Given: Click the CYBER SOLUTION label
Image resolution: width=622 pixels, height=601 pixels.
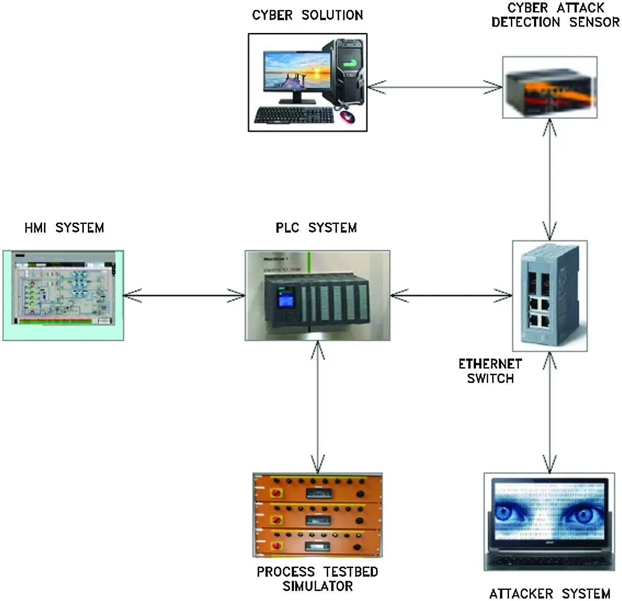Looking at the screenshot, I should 307,15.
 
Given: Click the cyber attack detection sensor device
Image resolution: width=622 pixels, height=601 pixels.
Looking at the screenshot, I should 550,88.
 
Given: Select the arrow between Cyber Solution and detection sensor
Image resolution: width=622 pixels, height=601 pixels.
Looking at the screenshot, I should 435,87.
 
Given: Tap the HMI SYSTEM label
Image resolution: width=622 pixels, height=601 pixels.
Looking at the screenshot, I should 64,228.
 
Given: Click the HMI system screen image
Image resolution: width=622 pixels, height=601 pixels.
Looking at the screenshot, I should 63,295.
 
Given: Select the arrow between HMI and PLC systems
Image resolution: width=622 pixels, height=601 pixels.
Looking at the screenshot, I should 184,296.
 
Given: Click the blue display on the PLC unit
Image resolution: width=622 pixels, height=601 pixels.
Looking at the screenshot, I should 286,297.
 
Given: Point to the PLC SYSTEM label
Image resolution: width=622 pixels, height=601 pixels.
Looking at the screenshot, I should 316,228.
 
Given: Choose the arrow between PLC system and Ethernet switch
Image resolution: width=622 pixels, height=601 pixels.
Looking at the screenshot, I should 451,296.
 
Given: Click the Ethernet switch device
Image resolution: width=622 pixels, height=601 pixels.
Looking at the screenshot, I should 550,296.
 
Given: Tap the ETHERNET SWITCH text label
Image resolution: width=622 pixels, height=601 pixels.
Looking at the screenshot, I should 490,371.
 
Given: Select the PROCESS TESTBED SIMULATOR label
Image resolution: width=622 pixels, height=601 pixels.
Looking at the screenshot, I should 318,579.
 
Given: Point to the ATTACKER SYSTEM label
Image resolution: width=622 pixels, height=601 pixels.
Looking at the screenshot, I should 549,594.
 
